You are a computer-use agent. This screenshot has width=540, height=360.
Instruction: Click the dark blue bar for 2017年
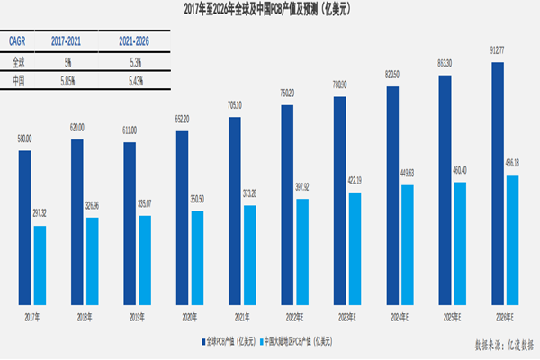point(24,227)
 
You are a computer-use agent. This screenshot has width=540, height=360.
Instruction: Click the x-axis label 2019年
point(137,317)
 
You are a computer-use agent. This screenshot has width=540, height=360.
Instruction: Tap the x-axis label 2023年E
point(346,317)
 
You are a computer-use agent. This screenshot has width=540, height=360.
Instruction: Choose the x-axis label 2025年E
point(452,317)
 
